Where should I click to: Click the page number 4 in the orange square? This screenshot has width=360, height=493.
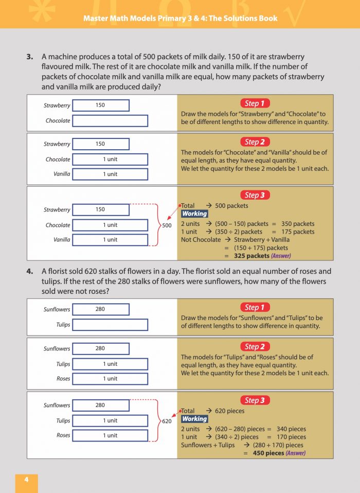point(26,480)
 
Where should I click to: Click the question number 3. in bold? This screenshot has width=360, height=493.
point(30,57)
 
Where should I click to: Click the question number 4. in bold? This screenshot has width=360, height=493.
point(30,271)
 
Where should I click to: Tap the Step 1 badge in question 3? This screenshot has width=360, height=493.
point(255,103)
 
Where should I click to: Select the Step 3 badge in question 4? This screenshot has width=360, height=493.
point(255,400)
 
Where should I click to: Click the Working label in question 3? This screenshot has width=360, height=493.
point(194,214)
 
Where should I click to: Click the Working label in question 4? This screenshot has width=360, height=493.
point(194,419)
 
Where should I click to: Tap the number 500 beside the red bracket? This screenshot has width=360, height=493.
point(167,225)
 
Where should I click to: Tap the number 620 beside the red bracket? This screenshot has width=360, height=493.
point(167,421)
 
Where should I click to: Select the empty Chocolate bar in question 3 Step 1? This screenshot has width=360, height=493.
point(110,121)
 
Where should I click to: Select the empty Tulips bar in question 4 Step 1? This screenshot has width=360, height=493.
point(110,325)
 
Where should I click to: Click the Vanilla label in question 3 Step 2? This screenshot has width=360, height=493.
point(62,174)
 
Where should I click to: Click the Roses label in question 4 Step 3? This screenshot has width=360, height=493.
point(63,435)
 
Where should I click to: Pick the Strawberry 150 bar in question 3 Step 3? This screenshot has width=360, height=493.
point(101,209)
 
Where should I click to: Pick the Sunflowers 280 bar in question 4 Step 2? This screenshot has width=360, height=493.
point(101,348)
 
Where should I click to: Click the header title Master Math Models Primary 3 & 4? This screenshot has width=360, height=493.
point(180,19)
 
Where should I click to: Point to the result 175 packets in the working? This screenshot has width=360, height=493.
point(297,232)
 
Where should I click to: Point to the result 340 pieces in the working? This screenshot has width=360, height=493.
point(291,429)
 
